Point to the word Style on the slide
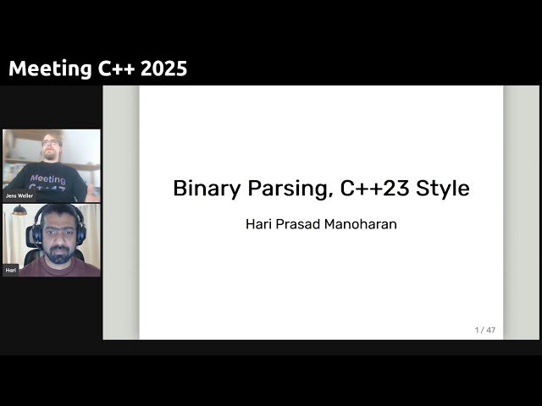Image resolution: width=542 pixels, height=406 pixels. point(442,188)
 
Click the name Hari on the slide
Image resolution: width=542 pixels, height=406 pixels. point(257,226)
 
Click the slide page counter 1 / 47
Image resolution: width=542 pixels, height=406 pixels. point(484,330)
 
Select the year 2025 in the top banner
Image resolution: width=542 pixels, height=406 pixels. point(165,69)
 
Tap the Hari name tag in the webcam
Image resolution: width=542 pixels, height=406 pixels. point(11,270)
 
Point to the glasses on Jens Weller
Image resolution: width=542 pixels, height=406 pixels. point(50,142)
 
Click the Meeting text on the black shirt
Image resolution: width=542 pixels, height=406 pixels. point(47,178)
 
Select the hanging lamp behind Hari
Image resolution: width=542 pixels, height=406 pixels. point(19,211)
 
